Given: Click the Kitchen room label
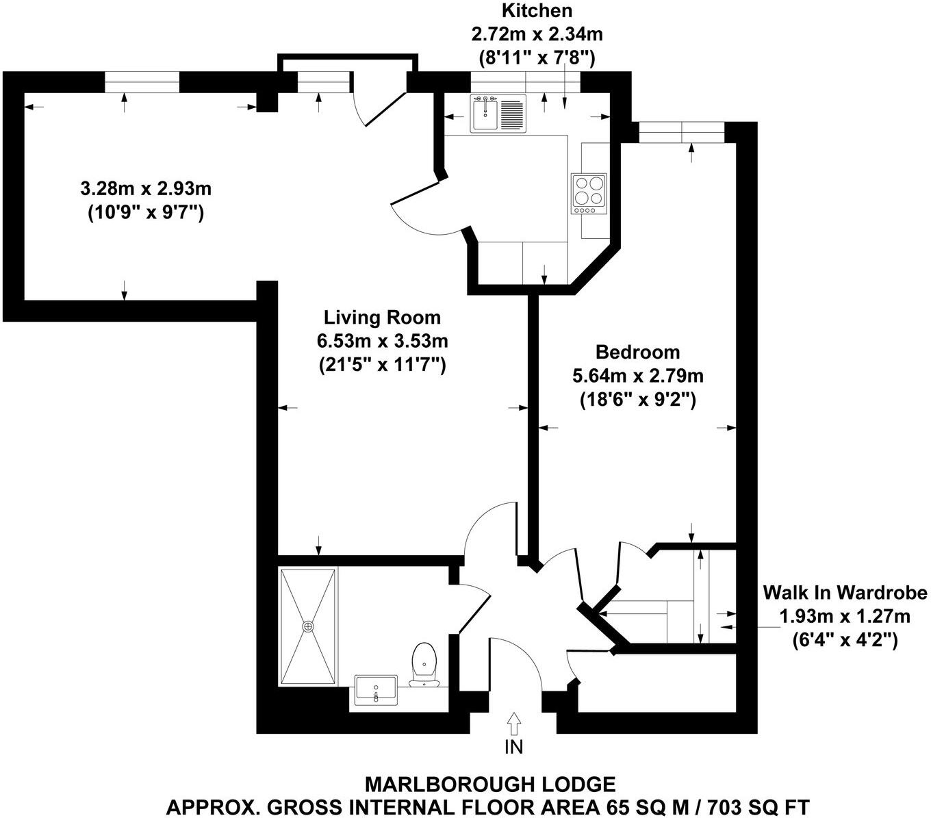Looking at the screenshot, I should (537, 11).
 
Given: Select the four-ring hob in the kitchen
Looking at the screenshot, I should (589, 190).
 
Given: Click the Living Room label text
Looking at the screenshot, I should (382, 318).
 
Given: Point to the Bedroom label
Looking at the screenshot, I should (637, 352).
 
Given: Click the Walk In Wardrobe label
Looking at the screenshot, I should (845, 592).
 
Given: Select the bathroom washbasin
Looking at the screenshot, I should (376, 689).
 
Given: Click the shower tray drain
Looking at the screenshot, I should (308, 626).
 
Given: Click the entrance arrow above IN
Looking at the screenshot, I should (513, 722).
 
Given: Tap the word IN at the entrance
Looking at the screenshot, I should (513, 747).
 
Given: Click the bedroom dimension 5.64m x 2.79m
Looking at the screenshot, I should (637, 376).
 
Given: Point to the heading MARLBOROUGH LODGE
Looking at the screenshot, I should (489, 784).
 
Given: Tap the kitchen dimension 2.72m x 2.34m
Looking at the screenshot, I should (537, 33).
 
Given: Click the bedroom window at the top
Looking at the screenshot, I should (680, 132).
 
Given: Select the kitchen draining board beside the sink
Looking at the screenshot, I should (511, 114).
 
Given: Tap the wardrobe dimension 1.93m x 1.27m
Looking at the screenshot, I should (845, 616).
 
